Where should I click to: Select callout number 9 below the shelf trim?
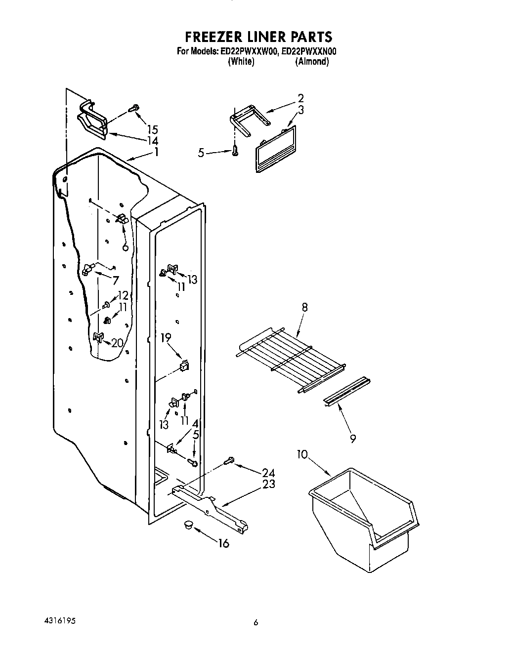[352, 438]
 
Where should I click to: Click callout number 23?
[268, 484]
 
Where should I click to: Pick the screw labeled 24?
[229, 461]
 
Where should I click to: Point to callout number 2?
[300, 98]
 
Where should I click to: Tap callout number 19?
[166, 338]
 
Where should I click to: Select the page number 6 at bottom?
[256, 623]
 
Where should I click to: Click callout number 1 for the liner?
[156, 152]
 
